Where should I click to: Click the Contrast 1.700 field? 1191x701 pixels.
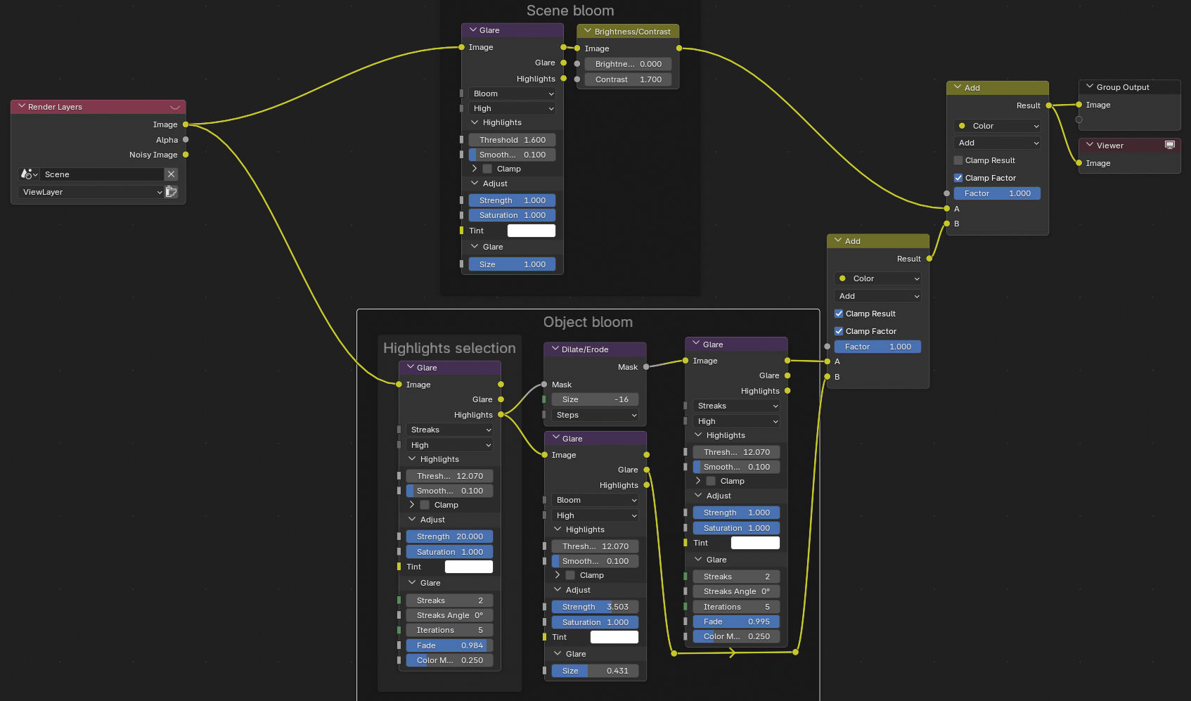(x=628, y=79)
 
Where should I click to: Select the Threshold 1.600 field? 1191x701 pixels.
(x=512, y=140)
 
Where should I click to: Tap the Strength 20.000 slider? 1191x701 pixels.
(x=449, y=536)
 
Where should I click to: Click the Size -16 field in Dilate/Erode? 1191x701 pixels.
(x=595, y=399)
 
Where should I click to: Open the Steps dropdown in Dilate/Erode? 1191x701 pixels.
(x=595, y=415)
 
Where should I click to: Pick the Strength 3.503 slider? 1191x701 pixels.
(x=595, y=607)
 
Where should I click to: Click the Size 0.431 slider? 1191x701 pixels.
(x=595, y=671)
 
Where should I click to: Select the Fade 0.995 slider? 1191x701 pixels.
(x=736, y=622)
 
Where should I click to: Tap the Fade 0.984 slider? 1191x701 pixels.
(x=449, y=645)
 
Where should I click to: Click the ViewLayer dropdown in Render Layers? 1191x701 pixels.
(x=91, y=192)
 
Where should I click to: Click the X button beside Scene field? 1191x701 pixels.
(x=172, y=174)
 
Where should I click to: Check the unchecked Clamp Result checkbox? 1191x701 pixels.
(x=958, y=160)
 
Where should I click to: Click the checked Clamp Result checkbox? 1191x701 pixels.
(x=839, y=314)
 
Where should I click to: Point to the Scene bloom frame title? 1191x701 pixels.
(x=570, y=10)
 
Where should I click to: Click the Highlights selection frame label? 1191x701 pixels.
(x=449, y=348)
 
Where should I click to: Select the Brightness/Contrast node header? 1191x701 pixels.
(x=628, y=32)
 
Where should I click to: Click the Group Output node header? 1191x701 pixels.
(x=1129, y=87)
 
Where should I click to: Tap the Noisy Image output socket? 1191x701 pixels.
(x=186, y=155)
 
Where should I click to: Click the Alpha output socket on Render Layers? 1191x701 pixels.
(x=186, y=140)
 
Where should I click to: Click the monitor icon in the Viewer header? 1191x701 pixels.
(x=1170, y=145)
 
